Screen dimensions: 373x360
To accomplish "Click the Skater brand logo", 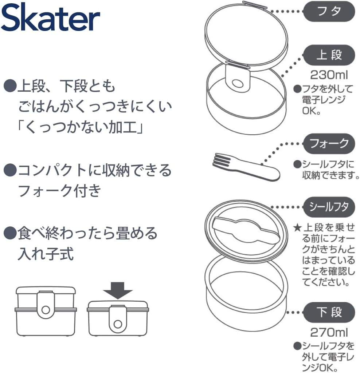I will tap(51, 19).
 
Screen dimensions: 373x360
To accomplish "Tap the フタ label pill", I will tap(329, 11).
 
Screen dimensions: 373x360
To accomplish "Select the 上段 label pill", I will tap(329, 55).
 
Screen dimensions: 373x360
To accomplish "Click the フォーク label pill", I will tap(329, 143).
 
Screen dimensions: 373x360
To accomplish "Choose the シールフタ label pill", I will tap(329, 207).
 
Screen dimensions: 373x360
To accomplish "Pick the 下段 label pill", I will tap(329, 312).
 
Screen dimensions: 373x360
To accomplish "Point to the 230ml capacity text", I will tap(329, 75).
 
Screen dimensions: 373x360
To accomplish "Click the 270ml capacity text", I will tap(329, 332).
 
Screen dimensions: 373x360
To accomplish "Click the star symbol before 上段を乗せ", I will tap(297, 229).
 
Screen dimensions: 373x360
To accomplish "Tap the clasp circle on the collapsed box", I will tap(117, 323).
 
